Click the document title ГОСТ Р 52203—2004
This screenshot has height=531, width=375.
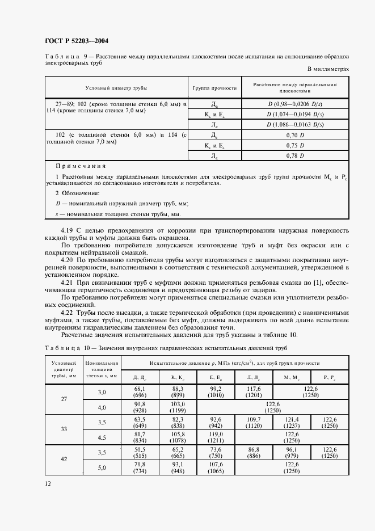(x=76, y=40)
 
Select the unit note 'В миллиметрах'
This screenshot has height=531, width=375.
(x=328, y=69)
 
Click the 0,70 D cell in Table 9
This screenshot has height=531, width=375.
(x=295, y=136)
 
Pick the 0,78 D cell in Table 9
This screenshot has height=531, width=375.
(x=295, y=155)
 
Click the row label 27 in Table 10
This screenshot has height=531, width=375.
(x=64, y=399)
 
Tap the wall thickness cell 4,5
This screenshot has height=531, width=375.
(x=102, y=437)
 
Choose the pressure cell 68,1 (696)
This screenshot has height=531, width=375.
(x=140, y=391)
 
